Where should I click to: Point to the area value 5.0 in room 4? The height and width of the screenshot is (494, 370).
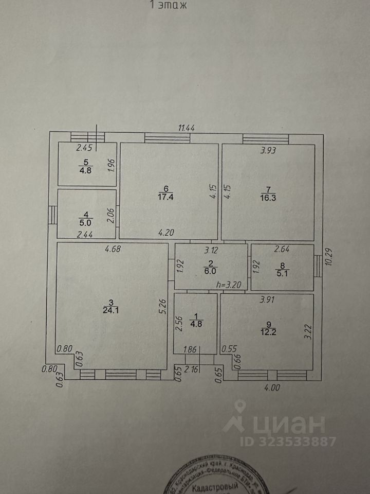[86, 223]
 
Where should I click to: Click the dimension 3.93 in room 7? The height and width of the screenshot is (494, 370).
[267, 151]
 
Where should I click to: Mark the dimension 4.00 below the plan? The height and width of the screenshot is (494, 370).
[272, 388]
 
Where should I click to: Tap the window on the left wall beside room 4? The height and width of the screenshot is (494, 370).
[52, 215]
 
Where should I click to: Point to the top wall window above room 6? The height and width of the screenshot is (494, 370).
[159, 137]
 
